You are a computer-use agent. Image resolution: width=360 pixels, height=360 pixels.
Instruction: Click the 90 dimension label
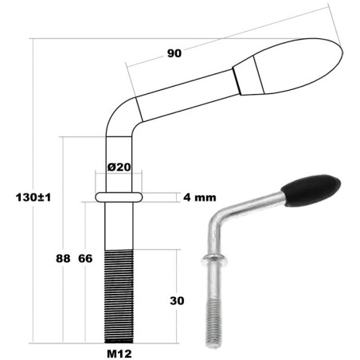pyautogui.click(x=174, y=53)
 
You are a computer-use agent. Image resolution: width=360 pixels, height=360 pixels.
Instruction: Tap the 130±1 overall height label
pyautogui.click(x=33, y=198)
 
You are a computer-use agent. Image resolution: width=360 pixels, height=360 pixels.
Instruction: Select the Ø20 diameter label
pyautogui.click(x=119, y=167)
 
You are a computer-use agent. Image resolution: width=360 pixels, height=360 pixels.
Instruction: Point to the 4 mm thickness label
pyautogui.click(x=200, y=198)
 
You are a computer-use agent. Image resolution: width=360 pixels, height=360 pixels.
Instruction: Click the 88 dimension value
pyautogui.click(x=63, y=258)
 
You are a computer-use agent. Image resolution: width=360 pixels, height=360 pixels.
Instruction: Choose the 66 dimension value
pyautogui.click(x=85, y=258)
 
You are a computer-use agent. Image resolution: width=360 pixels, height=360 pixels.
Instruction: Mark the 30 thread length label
pyautogui.click(x=177, y=301)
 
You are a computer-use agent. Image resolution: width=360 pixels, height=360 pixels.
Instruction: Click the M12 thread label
pyautogui.click(x=119, y=354)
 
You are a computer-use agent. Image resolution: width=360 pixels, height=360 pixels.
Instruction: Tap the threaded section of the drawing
pyautogui.click(x=119, y=296)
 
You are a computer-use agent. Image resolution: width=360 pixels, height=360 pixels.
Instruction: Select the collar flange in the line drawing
pyautogui.click(x=119, y=197)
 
